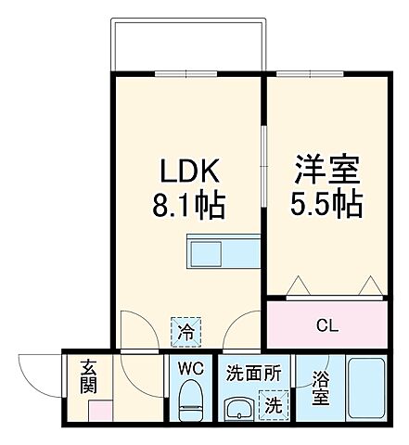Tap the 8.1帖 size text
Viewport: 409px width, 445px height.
click(190, 206)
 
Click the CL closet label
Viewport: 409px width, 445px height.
click(327, 324)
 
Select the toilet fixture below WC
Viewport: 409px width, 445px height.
click(192, 401)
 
